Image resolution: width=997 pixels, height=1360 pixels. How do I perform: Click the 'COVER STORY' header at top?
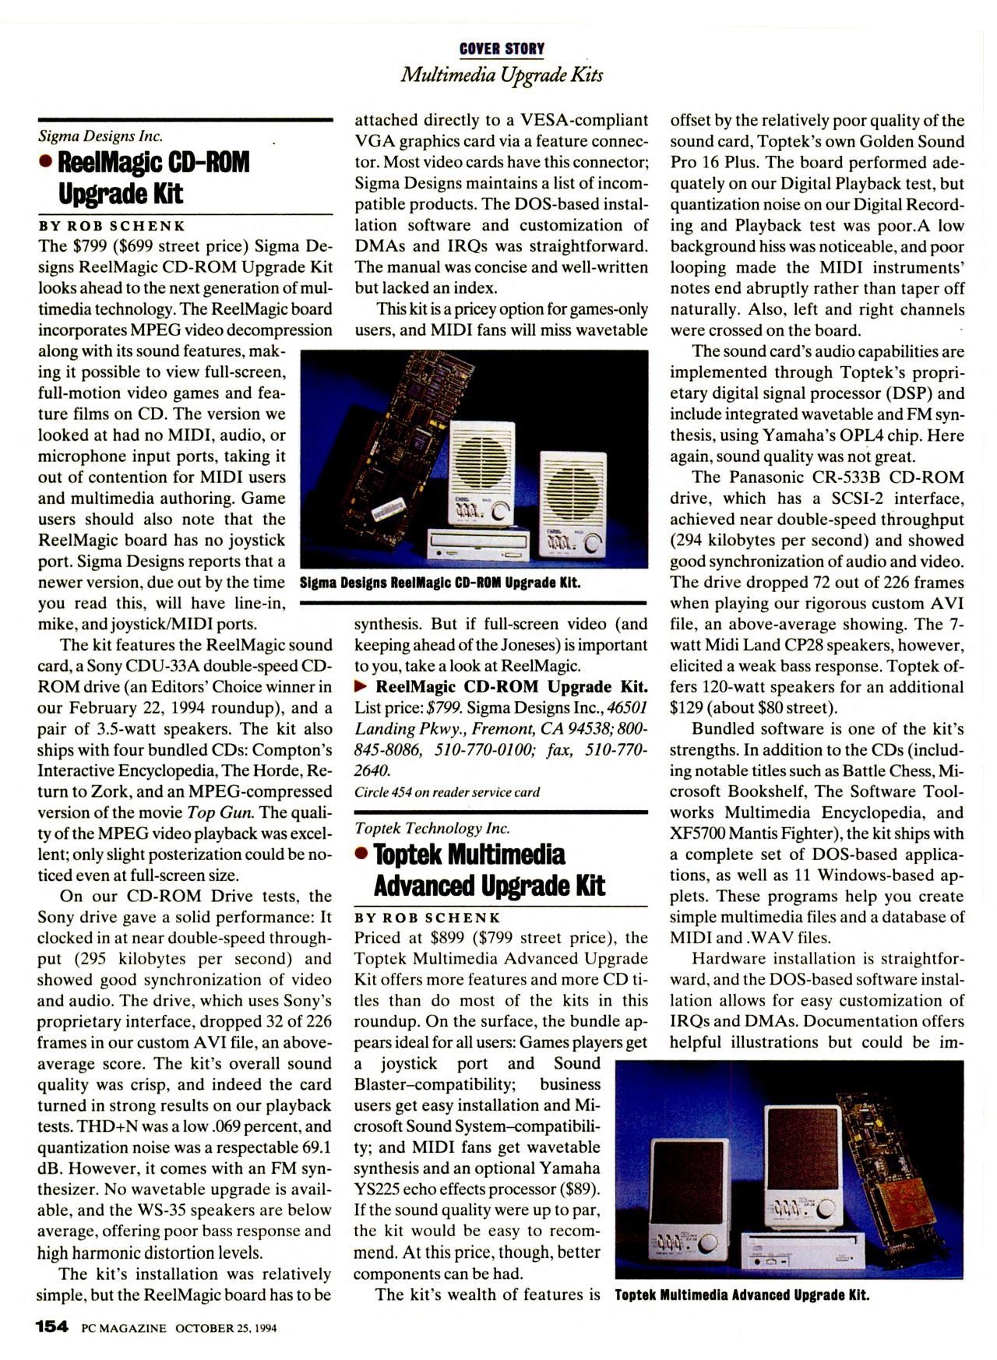pyautogui.click(x=502, y=49)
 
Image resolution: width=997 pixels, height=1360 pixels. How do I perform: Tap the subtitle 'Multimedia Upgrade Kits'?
pyautogui.click(x=502, y=75)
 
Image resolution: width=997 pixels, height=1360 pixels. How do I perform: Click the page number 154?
pyautogui.click(x=53, y=1327)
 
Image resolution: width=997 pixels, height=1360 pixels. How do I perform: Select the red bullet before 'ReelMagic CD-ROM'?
pyautogui.click(x=47, y=162)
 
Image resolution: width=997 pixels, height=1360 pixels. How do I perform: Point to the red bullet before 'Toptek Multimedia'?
pyautogui.click(x=362, y=854)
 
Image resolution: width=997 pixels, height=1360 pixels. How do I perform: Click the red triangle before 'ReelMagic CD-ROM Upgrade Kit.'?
pyautogui.click(x=361, y=687)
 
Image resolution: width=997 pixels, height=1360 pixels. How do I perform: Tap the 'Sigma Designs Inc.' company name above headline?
pyautogui.click(x=100, y=136)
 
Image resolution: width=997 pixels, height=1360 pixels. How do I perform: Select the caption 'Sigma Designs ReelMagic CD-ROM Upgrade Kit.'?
pyautogui.click(x=440, y=583)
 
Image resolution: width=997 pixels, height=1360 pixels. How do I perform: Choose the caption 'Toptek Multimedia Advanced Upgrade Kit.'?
pyautogui.click(x=742, y=1295)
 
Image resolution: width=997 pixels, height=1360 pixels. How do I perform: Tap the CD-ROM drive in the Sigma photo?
pyautogui.click(x=477, y=545)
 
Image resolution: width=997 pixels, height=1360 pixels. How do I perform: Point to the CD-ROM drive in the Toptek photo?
pyautogui.click(x=802, y=1251)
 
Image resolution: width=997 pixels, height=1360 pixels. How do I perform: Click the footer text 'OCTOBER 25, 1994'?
pyautogui.click(x=226, y=1327)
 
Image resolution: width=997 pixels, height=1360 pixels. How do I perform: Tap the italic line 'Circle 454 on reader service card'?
pyautogui.click(x=446, y=792)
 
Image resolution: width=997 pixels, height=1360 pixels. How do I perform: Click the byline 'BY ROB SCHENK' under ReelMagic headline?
pyautogui.click(x=112, y=226)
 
